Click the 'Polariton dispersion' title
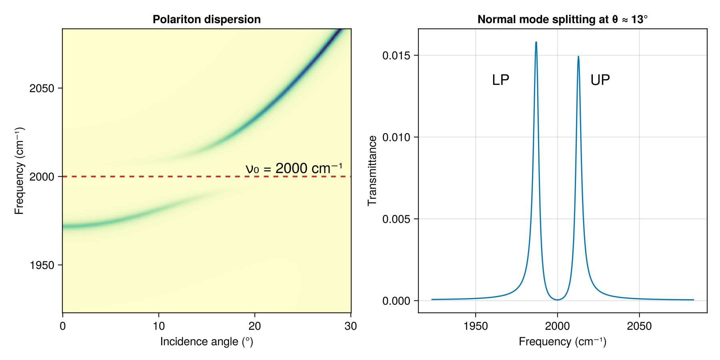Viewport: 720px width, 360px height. (206, 19)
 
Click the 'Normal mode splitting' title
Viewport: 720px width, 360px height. (562, 19)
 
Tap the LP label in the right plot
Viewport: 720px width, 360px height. (500, 80)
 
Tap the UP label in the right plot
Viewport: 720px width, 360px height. (600, 80)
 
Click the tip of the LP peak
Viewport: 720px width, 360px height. (536, 42)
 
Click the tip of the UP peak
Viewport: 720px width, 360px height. (578, 57)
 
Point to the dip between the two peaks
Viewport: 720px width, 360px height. (557, 300)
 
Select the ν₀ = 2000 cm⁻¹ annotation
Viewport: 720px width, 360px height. (294, 168)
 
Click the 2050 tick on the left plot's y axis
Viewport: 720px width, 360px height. (42, 88)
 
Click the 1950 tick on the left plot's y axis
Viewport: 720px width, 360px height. (42, 265)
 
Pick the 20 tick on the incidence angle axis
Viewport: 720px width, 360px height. (255, 326)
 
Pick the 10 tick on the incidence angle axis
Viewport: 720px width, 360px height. (159, 326)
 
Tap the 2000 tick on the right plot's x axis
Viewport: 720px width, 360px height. (557, 326)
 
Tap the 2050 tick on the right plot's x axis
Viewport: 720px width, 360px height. (639, 326)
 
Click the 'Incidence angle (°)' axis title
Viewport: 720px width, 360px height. (206, 342)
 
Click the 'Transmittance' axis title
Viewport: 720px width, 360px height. (372, 171)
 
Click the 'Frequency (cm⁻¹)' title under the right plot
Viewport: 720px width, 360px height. (562, 342)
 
